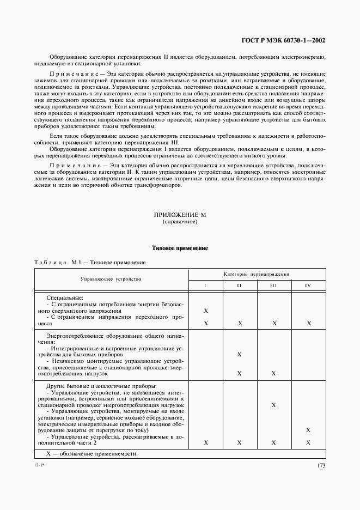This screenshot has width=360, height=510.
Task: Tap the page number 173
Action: tap(321, 465)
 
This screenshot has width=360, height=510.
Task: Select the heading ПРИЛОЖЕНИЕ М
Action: tap(180, 216)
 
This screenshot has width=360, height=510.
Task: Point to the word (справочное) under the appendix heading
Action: tap(180, 223)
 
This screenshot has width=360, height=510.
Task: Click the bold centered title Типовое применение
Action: tap(180, 248)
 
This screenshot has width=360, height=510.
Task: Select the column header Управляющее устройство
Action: tap(111, 279)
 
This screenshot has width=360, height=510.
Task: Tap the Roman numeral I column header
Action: tap(205, 286)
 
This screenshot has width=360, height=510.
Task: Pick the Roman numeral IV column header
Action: tap(308, 286)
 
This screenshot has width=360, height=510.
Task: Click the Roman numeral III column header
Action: tap(273, 286)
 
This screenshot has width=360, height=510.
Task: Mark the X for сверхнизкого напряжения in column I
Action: tap(206, 310)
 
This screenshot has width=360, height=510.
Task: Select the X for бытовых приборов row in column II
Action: tap(240, 354)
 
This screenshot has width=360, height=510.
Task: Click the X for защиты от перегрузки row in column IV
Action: tap(308, 430)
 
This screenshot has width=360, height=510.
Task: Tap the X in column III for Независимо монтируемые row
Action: tap(273, 373)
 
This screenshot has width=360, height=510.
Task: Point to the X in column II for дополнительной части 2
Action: tap(240, 443)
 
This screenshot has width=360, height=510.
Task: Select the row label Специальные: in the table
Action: tap(65, 298)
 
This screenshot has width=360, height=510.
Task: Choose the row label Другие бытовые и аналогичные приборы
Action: tap(96, 386)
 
